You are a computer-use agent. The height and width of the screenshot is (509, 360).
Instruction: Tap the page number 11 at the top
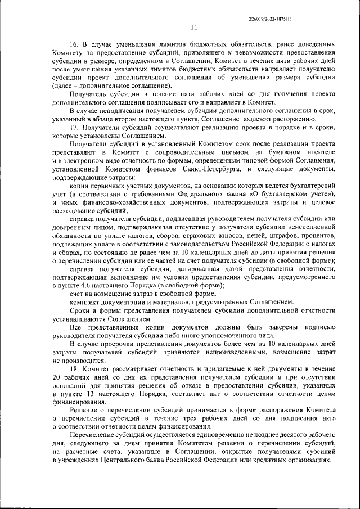click(x=194, y=28)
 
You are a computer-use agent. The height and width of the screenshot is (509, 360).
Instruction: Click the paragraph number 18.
click(x=74, y=368)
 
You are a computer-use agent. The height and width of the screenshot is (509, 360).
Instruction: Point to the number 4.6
click(x=85, y=285)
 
